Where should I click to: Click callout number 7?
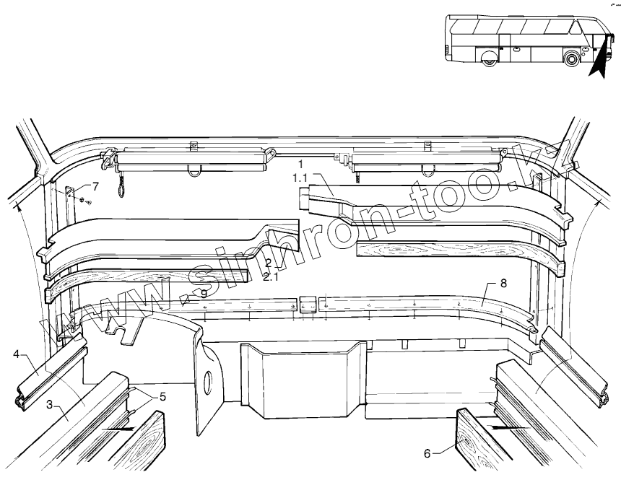95,185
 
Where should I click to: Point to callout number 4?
16,354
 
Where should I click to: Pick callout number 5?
162,396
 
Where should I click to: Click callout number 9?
204,293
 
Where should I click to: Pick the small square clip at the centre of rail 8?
307,304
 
